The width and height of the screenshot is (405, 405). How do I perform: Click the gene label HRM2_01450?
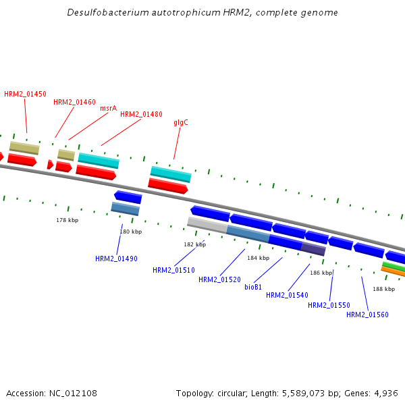25,94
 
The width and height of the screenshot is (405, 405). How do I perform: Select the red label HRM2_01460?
74,103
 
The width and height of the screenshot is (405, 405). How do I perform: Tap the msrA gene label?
108,108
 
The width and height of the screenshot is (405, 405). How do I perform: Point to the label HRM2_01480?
141,115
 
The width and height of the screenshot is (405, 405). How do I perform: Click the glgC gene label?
181,123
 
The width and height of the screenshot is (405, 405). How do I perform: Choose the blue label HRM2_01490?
116,259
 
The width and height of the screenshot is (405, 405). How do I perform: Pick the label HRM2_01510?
173,271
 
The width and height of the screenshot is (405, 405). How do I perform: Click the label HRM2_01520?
219,280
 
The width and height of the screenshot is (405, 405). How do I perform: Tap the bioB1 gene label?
253,287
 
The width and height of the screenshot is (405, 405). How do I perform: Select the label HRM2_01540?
287,295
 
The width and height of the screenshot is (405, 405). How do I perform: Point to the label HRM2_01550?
329,306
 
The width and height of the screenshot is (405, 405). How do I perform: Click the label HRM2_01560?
367,315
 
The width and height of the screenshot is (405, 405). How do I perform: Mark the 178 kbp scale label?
67,221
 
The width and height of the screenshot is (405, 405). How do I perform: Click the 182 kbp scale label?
194,245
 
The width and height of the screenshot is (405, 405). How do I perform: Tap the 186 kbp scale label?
321,273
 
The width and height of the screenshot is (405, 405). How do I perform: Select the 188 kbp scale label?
383,289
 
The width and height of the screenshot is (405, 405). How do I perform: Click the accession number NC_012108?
74,393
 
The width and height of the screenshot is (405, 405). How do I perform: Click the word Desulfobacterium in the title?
100,13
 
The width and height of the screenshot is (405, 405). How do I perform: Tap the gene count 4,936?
385,393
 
